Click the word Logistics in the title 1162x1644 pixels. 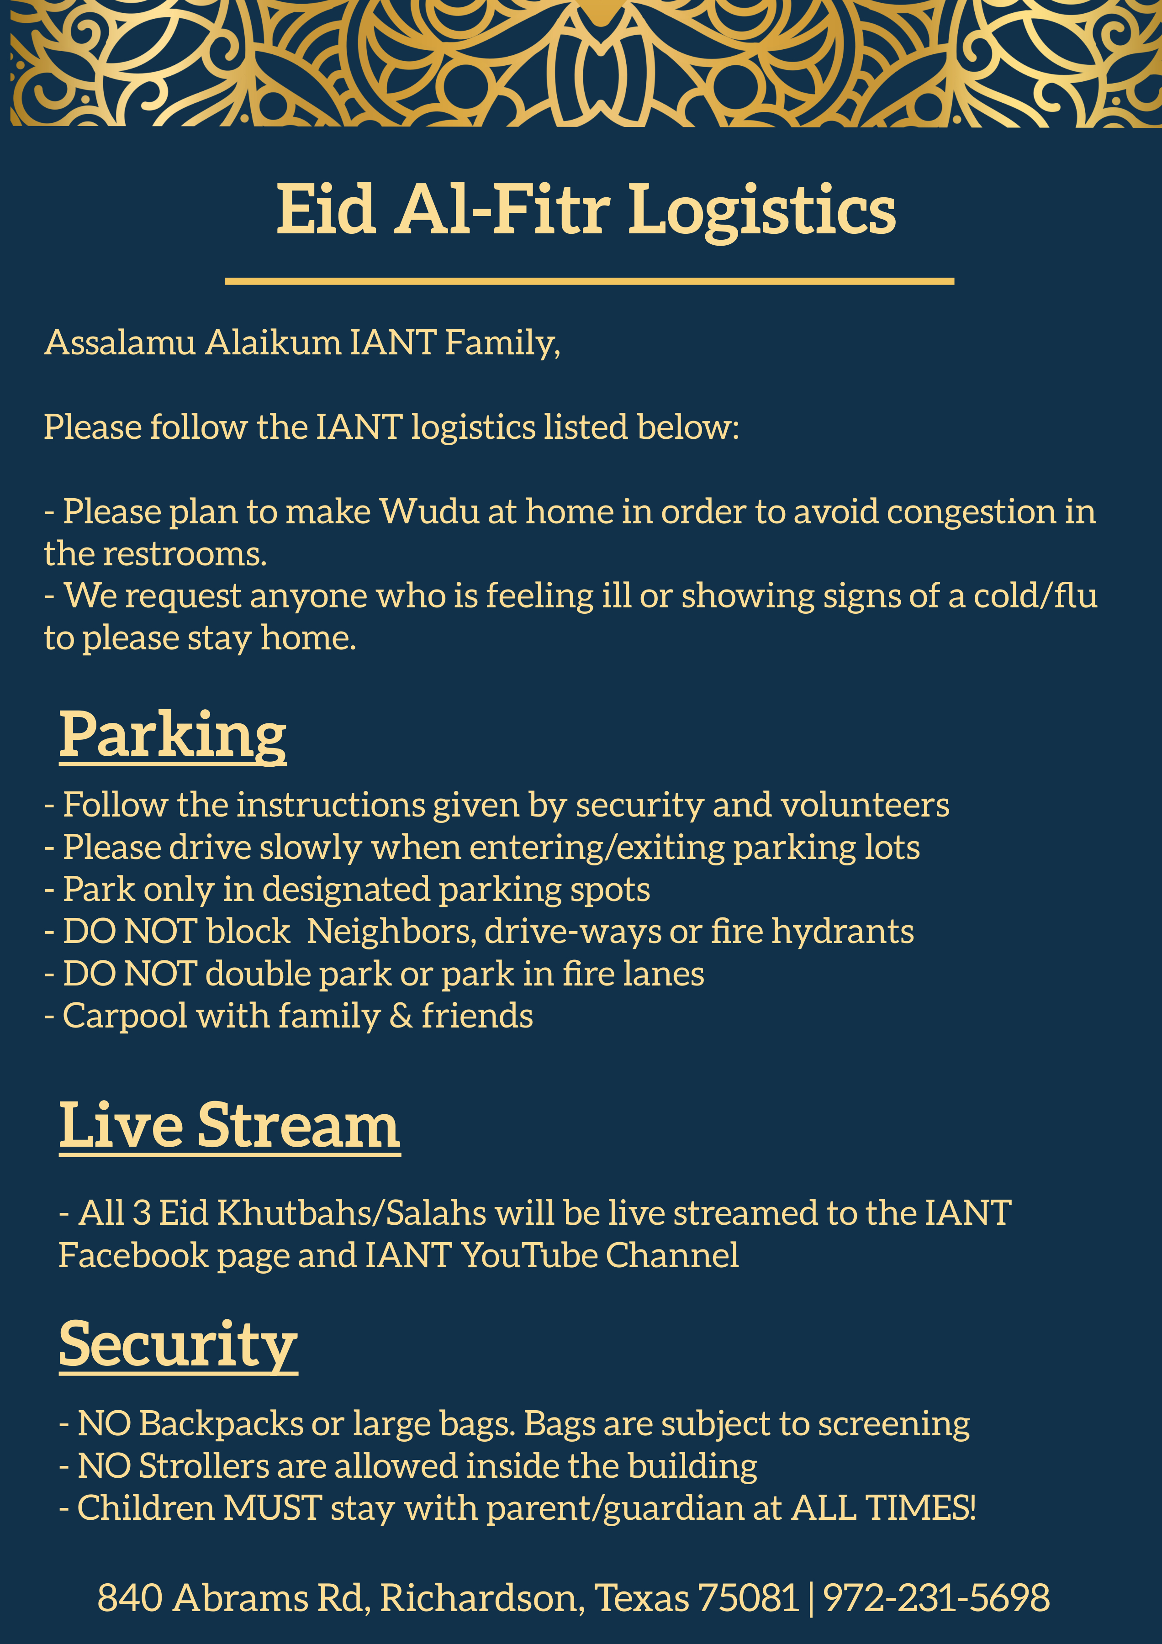point(762,210)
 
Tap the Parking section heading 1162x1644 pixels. point(173,737)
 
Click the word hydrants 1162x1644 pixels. point(843,932)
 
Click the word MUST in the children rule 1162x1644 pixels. point(272,1507)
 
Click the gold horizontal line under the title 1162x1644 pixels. point(589,281)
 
